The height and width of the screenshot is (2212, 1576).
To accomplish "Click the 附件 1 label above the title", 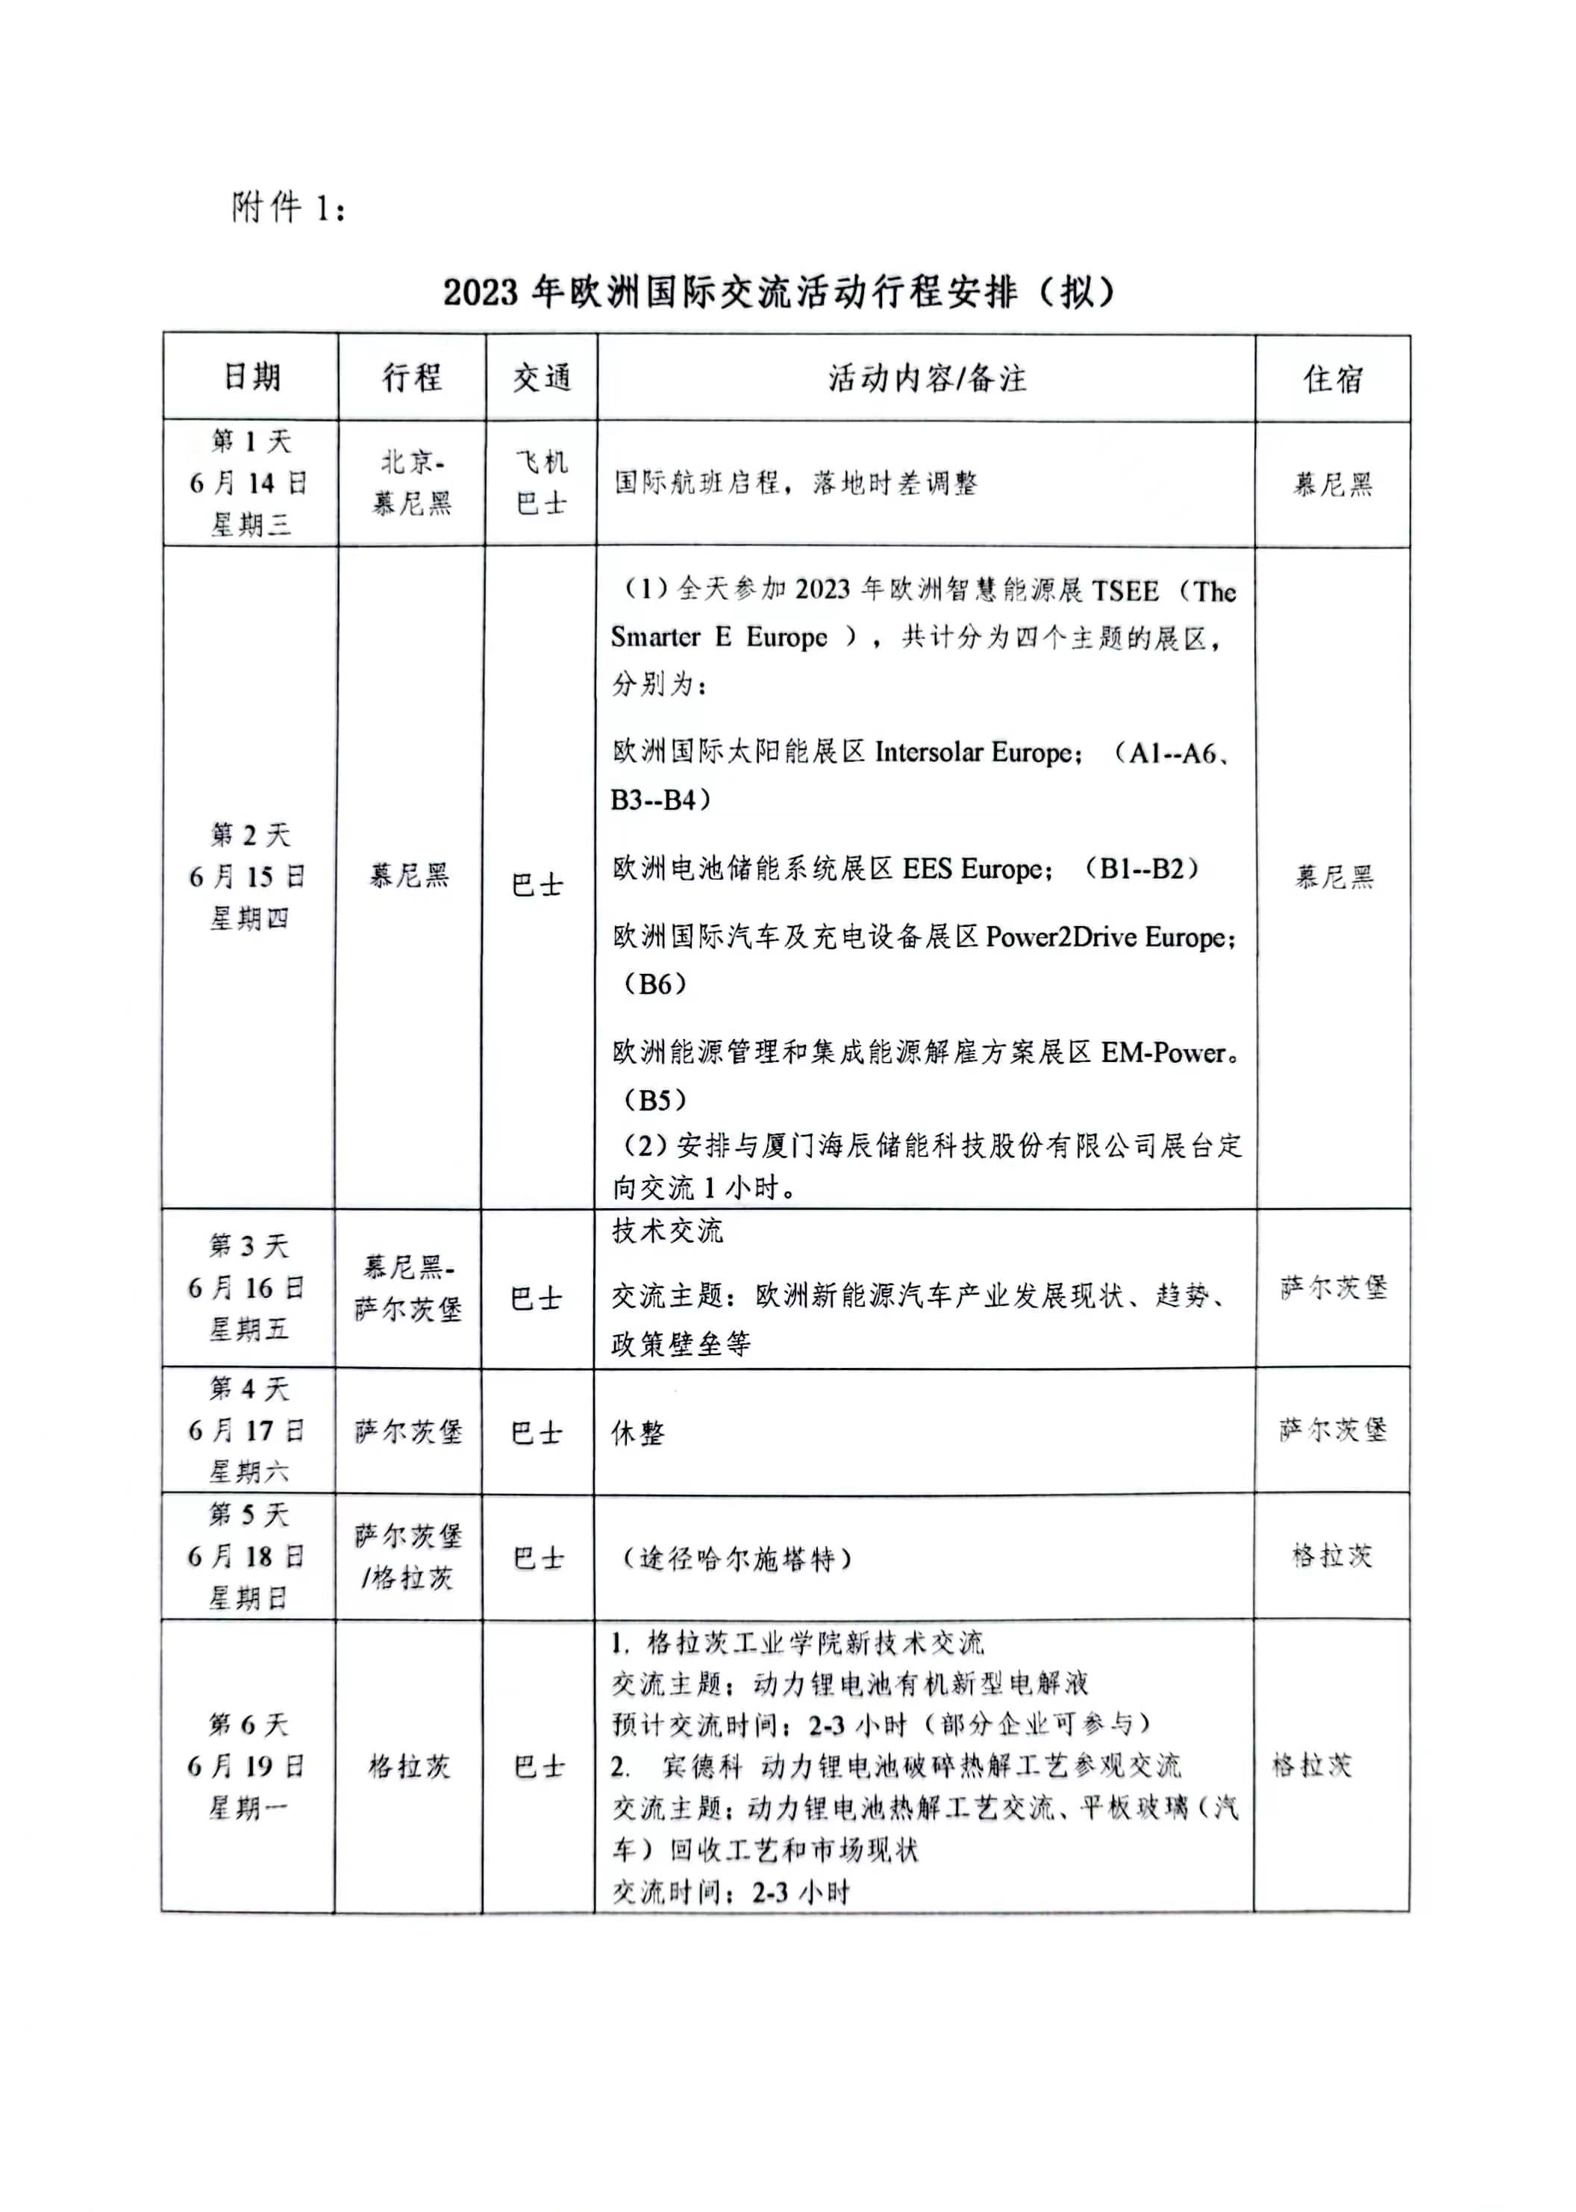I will pyautogui.click(x=288, y=207).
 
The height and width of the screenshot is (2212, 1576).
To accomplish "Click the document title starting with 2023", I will pyautogui.click(x=778, y=292).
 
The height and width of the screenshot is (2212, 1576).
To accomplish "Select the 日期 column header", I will pyautogui.click(x=251, y=377).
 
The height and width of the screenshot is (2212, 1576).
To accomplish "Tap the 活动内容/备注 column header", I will pyautogui.click(x=926, y=378).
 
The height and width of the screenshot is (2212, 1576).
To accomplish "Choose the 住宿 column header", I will pyautogui.click(x=1333, y=378).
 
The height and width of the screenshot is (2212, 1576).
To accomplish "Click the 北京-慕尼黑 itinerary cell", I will pyautogui.click(x=413, y=482).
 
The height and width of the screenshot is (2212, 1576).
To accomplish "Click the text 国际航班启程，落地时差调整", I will pyautogui.click(x=795, y=482).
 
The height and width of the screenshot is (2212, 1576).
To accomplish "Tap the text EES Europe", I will pyautogui.click(x=975, y=869).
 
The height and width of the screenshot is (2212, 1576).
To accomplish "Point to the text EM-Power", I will pyautogui.click(x=1163, y=1052).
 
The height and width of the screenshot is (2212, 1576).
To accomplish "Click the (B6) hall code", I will pyautogui.click(x=654, y=984).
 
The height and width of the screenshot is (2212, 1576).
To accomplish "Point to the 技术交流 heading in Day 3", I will pyautogui.click(x=668, y=1231).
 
